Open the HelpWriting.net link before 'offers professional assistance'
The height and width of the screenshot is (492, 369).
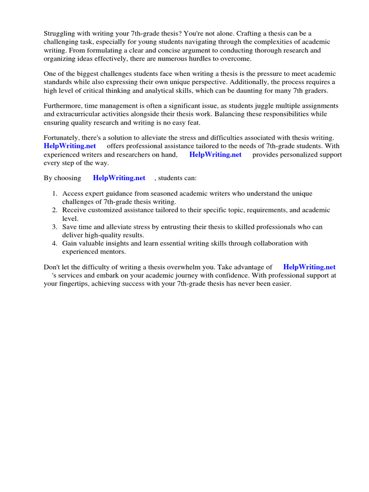click(70, 146)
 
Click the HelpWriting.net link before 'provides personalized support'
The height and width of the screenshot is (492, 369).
click(215, 155)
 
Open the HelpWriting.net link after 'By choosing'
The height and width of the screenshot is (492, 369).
click(119, 178)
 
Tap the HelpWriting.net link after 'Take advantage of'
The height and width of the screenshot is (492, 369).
click(309, 267)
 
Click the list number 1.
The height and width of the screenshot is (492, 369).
click(54, 194)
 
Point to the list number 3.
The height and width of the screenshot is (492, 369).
click(54, 227)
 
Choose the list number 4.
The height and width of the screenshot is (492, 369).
click(54, 244)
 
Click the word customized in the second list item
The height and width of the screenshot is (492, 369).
click(103, 210)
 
